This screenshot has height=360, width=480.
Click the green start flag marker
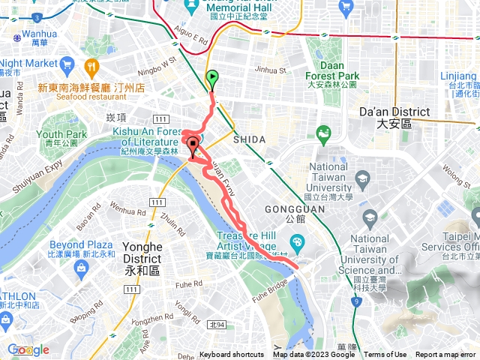tap(212, 77)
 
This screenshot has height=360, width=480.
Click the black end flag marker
tap(193, 145)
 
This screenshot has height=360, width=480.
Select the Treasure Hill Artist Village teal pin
tap(297, 243)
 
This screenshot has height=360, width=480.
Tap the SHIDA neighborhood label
tap(249, 139)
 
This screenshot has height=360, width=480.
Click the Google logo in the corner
tap(28, 349)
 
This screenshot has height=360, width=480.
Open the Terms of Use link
tap(385, 355)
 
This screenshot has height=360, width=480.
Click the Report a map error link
tap(446, 355)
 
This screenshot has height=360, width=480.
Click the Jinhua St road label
tap(271, 70)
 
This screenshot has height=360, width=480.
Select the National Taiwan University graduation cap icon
tap(363, 178)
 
